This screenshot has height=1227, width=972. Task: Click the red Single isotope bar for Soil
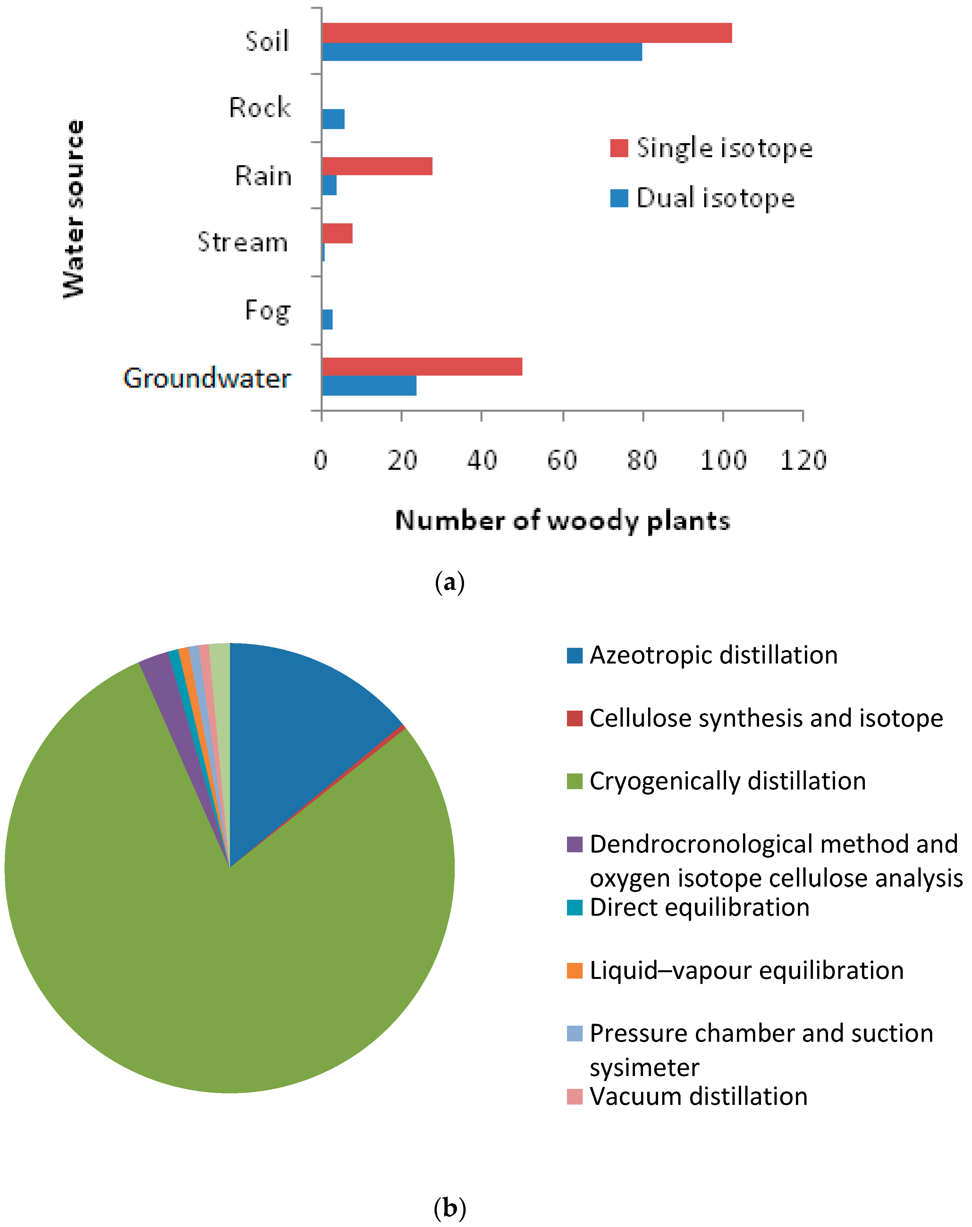click(x=526, y=33)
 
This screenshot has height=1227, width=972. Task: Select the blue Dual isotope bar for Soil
click(x=481, y=52)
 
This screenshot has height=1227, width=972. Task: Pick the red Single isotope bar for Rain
click(x=377, y=166)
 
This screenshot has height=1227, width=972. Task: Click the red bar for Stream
click(x=337, y=233)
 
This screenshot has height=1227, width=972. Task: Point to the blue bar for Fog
click(x=327, y=320)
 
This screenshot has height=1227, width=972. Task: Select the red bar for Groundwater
click(x=422, y=367)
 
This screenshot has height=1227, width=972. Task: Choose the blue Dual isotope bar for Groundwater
click(x=369, y=386)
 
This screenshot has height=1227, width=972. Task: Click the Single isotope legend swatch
click(x=619, y=148)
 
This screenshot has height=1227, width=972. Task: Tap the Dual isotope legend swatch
click(x=619, y=198)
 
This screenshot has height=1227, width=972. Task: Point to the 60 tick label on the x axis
click(x=562, y=460)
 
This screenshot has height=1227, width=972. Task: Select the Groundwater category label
click(x=207, y=378)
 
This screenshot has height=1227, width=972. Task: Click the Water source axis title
click(x=74, y=209)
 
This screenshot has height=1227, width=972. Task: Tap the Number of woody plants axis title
click(x=562, y=521)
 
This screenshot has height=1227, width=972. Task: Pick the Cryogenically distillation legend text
click(x=727, y=781)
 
